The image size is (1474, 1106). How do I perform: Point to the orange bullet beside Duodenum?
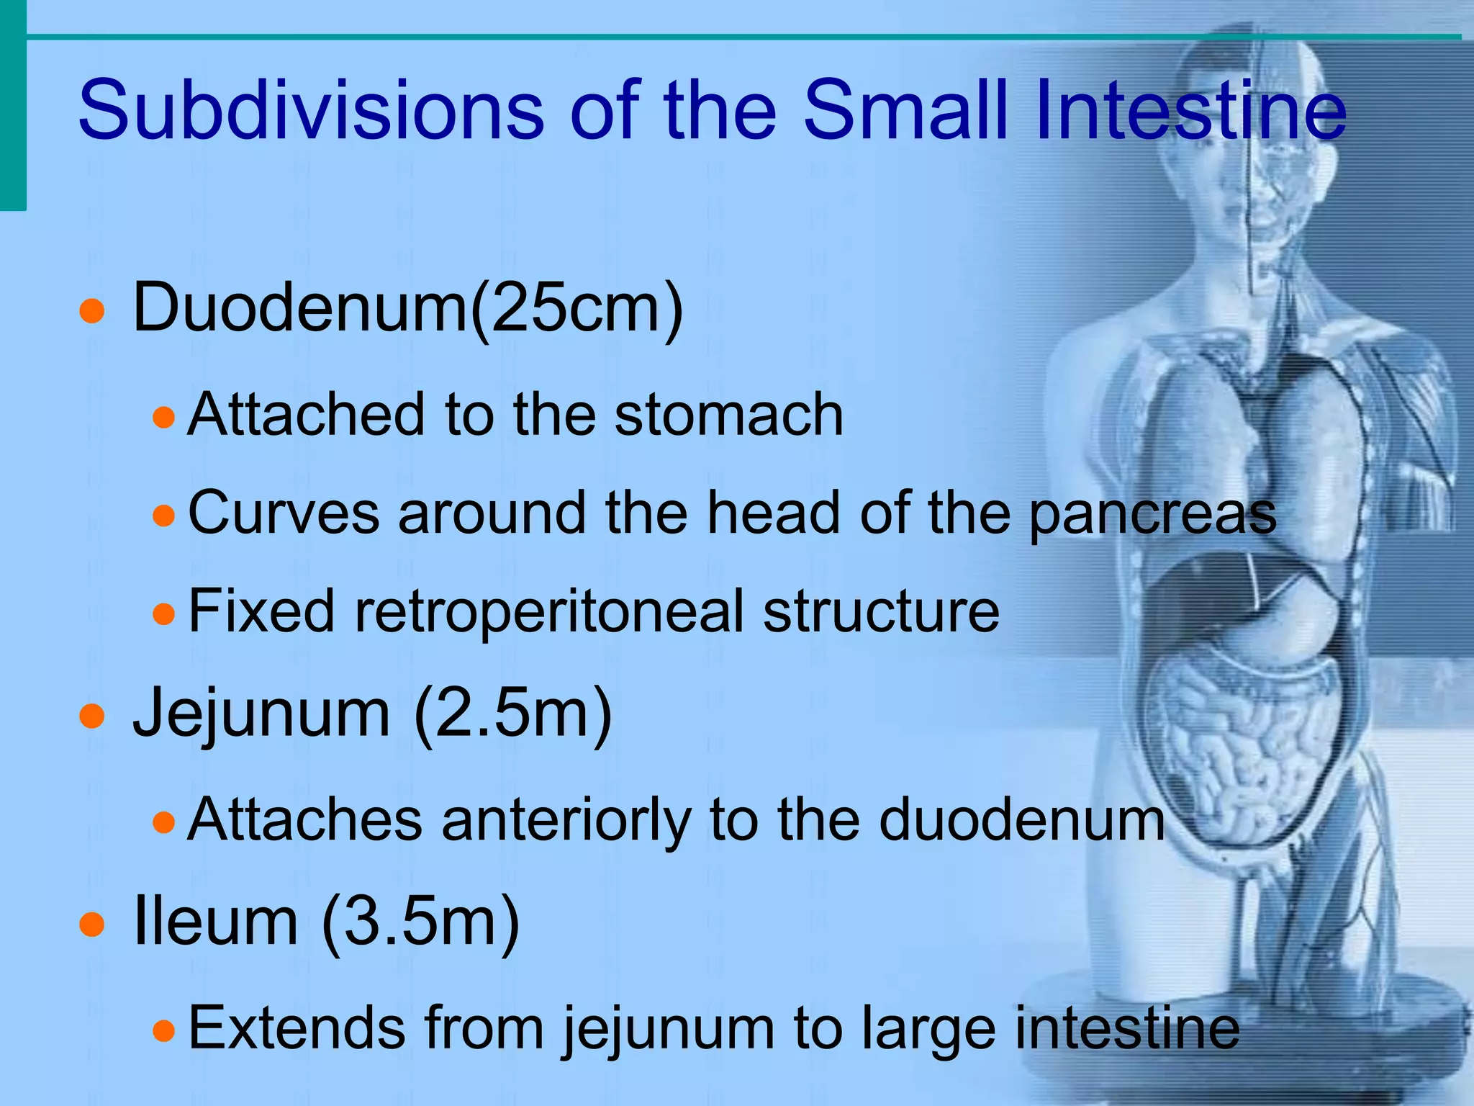click(92, 312)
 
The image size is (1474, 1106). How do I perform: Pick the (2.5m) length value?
click(513, 714)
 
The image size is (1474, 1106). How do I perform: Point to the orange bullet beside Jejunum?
click(92, 716)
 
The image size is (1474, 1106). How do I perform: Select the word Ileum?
click(216, 922)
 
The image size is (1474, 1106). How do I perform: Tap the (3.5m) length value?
click(420, 922)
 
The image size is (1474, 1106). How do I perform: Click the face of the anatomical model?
click(1252, 180)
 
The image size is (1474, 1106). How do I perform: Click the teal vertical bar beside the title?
click(12, 108)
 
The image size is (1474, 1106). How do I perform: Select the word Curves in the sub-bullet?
click(284, 513)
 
